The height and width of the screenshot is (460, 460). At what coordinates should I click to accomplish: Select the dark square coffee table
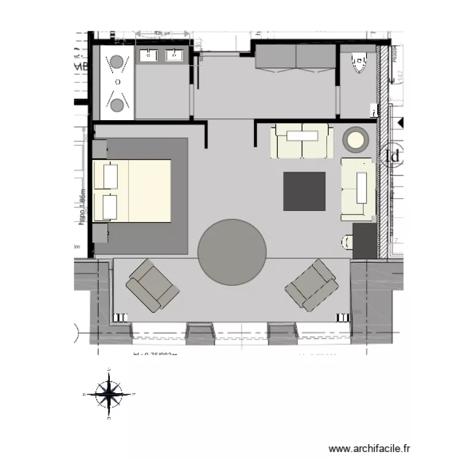[x=304, y=191]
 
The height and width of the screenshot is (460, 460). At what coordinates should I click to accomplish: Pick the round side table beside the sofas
[x=355, y=140]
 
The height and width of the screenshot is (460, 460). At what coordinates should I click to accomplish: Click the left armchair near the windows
[x=153, y=284]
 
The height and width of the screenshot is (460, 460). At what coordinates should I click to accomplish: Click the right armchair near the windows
[x=312, y=285]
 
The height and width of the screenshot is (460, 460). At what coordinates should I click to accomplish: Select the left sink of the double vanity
[x=148, y=56]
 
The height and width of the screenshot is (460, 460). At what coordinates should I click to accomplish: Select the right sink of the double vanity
[x=174, y=56]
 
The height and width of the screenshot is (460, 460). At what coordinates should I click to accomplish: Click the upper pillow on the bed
[x=110, y=176]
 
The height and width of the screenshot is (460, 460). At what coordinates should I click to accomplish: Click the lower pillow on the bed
[x=110, y=207]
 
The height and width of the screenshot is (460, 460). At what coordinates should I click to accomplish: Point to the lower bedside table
[x=100, y=234]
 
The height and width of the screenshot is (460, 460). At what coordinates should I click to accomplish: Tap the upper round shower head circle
[x=116, y=61]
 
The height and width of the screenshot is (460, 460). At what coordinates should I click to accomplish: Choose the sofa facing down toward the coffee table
[x=302, y=140]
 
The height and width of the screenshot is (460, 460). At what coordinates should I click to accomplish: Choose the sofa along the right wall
[x=358, y=188]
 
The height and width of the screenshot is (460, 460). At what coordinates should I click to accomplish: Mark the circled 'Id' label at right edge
[x=393, y=156]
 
